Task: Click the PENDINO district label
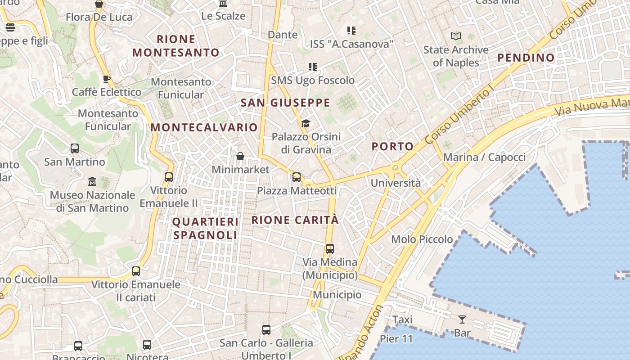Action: [526, 58]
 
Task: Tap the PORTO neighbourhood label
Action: [392, 146]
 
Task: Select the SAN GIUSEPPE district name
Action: [285, 103]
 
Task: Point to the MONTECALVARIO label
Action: [204, 127]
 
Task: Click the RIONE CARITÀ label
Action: [295, 220]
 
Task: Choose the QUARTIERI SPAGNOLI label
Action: [205, 228]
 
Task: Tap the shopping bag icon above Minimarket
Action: [240, 157]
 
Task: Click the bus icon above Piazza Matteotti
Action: [297, 177]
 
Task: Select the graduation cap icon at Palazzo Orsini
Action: [306, 123]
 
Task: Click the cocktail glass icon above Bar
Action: [462, 319]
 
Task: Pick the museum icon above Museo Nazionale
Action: [92, 182]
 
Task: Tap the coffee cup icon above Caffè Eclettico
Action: [107, 79]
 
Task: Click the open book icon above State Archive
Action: [456, 36]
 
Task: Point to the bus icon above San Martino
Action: [75, 148]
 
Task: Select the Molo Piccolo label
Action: [422, 239]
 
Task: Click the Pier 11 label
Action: [396, 338]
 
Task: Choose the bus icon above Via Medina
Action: [330, 248]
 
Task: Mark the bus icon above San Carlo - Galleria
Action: [266, 330]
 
